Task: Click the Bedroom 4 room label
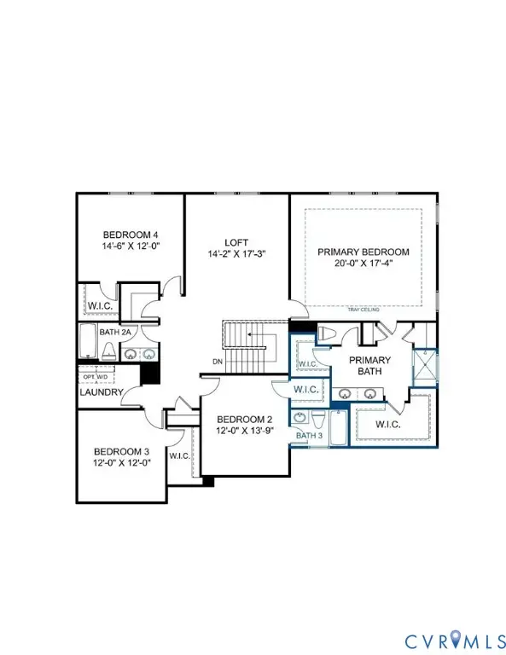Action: pos(131,235)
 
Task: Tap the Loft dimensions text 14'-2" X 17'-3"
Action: pos(237,253)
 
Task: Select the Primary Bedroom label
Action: pos(364,252)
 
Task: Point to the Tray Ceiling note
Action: pos(364,310)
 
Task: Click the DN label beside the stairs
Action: pos(218,362)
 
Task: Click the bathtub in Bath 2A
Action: pos(88,341)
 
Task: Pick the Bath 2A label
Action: pos(115,333)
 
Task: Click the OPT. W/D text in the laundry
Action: pos(96,377)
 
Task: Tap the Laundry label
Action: pos(102,392)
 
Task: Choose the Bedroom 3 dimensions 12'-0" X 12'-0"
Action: pos(122,463)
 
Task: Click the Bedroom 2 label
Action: pos(245,420)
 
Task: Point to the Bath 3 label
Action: pos(309,435)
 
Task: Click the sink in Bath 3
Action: pos(300,417)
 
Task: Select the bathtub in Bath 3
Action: pos(338,427)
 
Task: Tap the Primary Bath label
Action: pos(369,366)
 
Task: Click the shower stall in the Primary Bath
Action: pos(425,368)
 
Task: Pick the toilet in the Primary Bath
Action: pos(327,333)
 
